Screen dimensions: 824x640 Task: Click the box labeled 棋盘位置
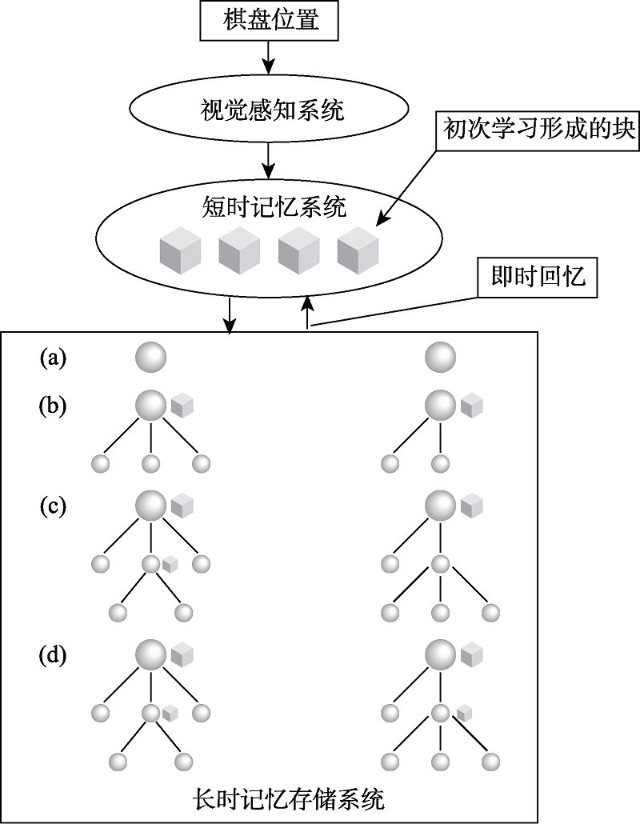[x=270, y=20]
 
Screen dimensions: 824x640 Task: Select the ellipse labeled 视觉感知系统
[x=270, y=110]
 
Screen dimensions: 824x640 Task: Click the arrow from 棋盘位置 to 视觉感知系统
[x=270, y=56]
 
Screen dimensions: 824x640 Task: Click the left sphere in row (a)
[x=151, y=356]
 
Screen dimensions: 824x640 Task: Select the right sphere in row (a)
[x=439, y=356]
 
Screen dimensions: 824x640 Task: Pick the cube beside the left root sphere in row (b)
[x=182, y=405]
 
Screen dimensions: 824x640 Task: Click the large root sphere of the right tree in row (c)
[x=439, y=506]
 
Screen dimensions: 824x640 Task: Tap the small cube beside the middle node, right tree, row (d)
[x=465, y=712]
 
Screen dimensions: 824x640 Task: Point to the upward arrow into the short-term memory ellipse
[x=307, y=312]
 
